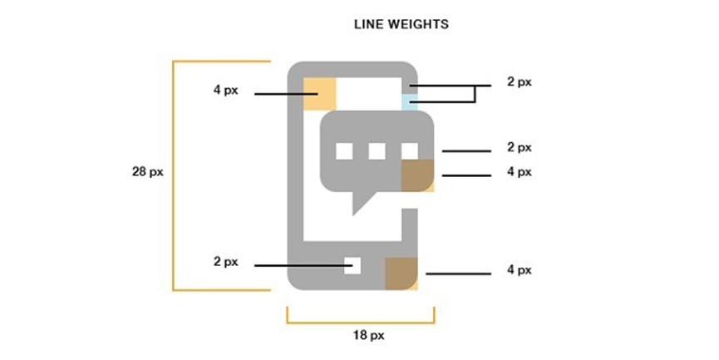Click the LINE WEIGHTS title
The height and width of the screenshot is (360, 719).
[x=401, y=24]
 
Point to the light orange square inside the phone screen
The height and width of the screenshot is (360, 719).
[x=320, y=94]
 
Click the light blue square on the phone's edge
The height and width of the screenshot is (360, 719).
[x=410, y=102]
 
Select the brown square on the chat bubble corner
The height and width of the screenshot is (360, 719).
[x=418, y=175]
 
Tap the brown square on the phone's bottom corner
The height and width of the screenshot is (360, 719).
[x=401, y=274]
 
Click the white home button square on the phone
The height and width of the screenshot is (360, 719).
[x=352, y=265]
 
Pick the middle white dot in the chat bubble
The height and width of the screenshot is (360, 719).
[x=377, y=151]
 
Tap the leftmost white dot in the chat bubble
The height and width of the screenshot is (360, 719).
[x=344, y=151]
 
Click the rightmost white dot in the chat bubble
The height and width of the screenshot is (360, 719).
[x=410, y=151]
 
